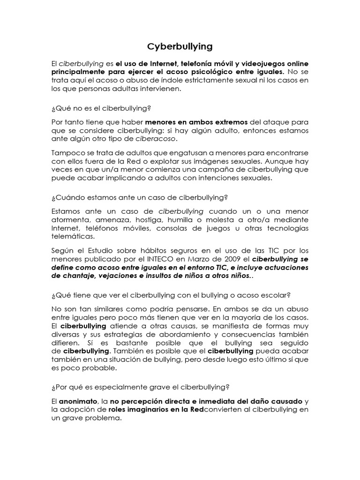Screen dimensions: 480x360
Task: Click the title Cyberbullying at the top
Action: coord(180,46)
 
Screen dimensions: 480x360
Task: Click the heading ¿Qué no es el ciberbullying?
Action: coord(101,108)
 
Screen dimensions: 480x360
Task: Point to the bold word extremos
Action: coord(226,122)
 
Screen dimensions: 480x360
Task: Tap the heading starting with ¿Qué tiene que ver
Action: coord(172,295)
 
